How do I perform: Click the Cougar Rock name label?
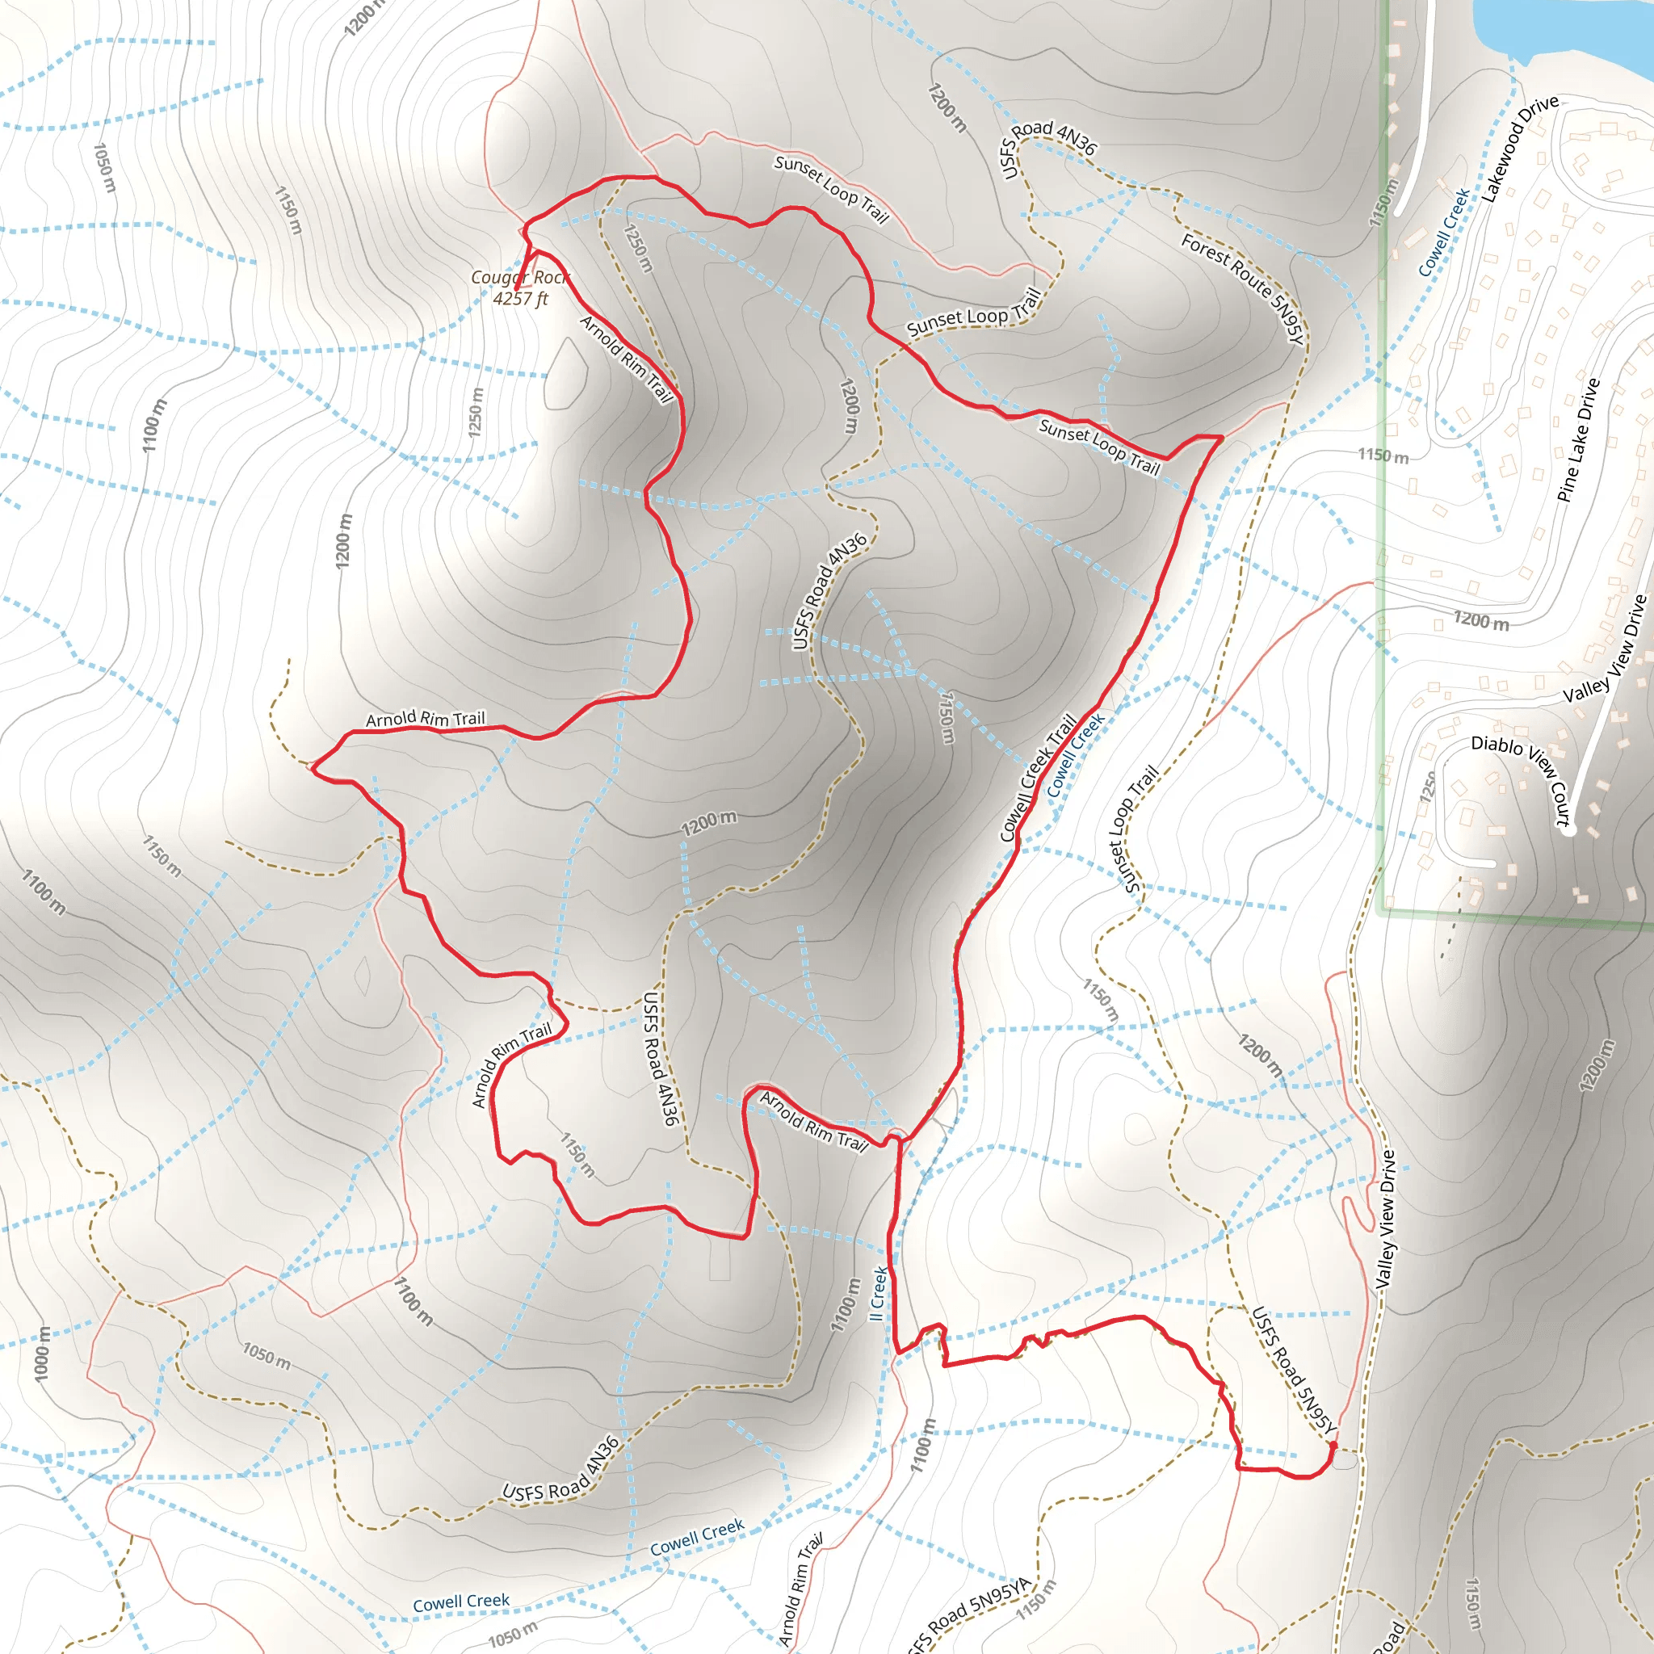click(519, 277)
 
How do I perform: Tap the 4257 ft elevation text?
click(519, 299)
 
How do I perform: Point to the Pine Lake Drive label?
click(1578, 440)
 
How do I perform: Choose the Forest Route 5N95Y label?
click(1242, 288)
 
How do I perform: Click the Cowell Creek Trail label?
click(1038, 779)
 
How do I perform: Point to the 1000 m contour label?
click(42, 1354)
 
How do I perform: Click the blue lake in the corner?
click(1567, 26)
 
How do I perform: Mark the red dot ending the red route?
click(1332, 1446)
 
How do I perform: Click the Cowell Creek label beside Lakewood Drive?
click(1443, 232)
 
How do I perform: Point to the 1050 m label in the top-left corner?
click(103, 168)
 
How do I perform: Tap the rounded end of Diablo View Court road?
click(1569, 829)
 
